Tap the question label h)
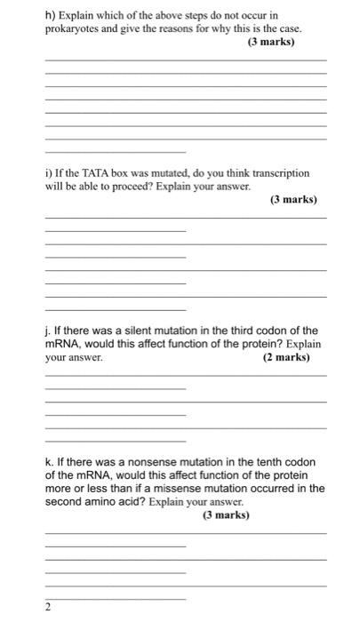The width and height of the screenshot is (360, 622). [x=51, y=15]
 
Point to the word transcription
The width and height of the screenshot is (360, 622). [x=281, y=174]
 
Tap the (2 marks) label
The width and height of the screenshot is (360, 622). [x=286, y=357]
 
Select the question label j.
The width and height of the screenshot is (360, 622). [x=48, y=331]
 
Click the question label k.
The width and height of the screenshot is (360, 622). [x=49, y=462]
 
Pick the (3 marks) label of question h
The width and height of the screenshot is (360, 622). [x=270, y=42]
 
